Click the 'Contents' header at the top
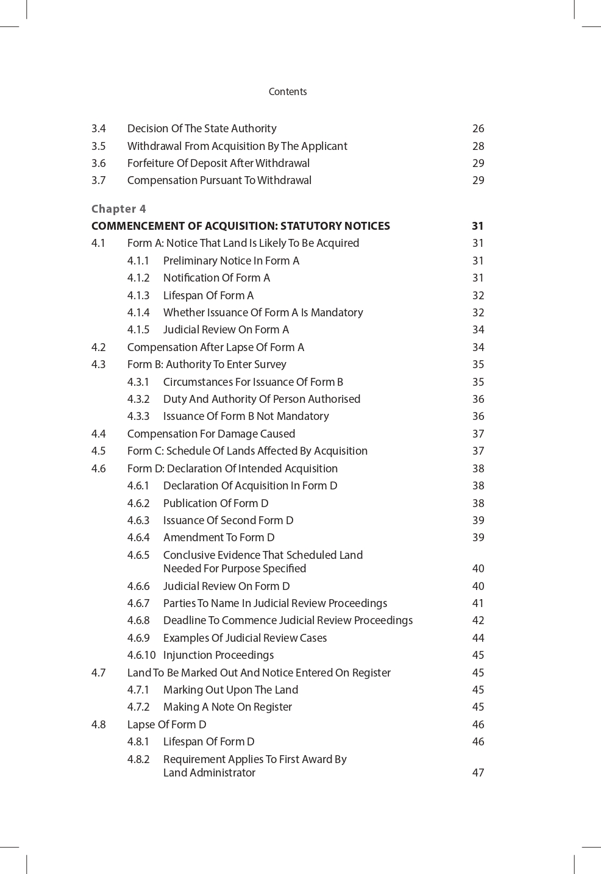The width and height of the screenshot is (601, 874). [288, 91]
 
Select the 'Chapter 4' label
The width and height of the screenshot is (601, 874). [118, 208]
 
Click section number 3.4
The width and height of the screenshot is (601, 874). [99, 129]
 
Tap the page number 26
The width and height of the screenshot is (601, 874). [478, 129]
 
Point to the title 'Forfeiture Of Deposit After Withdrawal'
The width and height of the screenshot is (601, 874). [218, 163]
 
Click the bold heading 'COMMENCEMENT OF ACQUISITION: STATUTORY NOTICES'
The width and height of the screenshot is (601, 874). [240, 226]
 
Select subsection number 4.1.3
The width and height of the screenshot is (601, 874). [138, 296]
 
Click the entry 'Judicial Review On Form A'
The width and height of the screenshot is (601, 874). [226, 330]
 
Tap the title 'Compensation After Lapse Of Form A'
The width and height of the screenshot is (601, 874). [215, 347]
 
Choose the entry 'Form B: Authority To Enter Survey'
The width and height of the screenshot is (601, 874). [207, 364]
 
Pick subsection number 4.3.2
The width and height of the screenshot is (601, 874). [138, 399]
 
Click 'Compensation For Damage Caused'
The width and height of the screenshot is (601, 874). [211, 434]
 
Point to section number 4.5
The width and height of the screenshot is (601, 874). [99, 451]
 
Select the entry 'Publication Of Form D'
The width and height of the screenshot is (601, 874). [216, 503]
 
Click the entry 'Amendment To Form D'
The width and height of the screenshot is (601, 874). [219, 538]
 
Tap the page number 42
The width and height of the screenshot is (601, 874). [478, 620]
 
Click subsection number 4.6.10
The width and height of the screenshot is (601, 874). [141, 655]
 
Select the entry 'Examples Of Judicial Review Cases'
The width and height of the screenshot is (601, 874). [245, 638]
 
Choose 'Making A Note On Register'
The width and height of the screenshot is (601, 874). [227, 707]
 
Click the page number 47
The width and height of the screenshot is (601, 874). [478, 773]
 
